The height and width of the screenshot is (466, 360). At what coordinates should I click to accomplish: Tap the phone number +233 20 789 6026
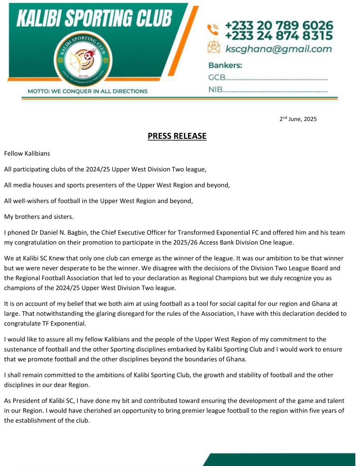[x=279, y=25]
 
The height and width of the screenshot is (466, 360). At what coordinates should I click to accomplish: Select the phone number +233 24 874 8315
[x=279, y=35]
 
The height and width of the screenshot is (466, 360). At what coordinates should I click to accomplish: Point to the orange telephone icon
[x=213, y=30]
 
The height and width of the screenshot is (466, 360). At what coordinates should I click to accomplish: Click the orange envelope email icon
[x=213, y=47]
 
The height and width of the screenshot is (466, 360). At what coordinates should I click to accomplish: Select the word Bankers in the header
[x=225, y=65]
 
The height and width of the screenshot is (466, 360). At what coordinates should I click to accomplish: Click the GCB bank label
[x=217, y=77]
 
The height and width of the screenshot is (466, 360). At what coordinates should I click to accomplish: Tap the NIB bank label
[x=215, y=89]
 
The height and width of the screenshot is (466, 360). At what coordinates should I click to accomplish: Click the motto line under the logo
[x=87, y=91]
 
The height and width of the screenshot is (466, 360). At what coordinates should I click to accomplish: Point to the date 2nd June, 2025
[x=298, y=119]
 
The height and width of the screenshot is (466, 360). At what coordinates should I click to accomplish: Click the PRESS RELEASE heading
[x=177, y=136]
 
